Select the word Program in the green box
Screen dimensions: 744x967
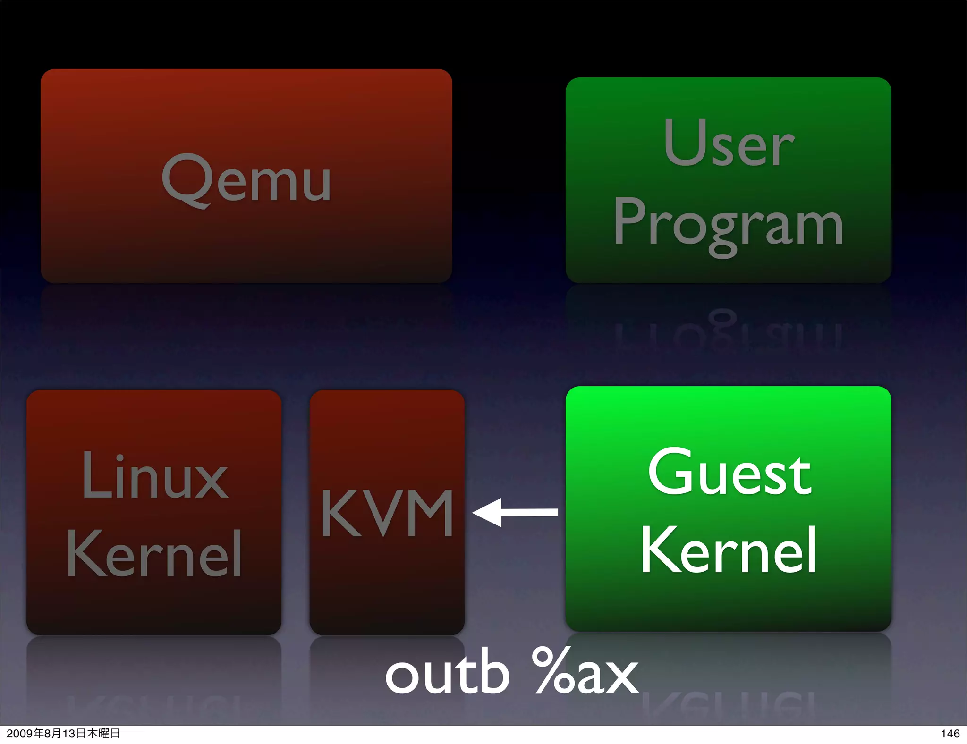click(728, 225)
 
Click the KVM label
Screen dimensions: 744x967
click(387, 514)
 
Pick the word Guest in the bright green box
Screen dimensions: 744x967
click(729, 472)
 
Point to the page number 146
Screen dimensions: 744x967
click(950, 733)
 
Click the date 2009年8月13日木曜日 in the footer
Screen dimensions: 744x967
click(63, 733)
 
